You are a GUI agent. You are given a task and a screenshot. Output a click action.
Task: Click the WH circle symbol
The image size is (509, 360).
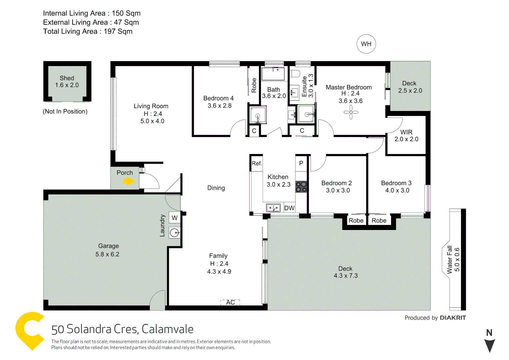click(x=366, y=44)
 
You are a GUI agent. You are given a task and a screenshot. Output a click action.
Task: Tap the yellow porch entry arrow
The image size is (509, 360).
click(x=129, y=181)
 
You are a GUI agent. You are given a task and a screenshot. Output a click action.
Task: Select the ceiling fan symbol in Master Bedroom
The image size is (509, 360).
click(x=351, y=112)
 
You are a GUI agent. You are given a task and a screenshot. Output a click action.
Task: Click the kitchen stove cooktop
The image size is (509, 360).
click(x=301, y=187)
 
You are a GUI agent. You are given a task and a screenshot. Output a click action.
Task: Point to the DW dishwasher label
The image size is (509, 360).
click(x=289, y=208)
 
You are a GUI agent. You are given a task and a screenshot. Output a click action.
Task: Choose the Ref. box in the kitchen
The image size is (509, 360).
click(x=256, y=163)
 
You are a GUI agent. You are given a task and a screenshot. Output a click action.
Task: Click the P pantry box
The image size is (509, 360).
click(x=301, y=163)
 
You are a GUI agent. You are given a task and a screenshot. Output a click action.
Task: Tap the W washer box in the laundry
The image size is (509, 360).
click(x=175, y=218)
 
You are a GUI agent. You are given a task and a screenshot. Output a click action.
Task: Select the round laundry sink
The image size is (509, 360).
click(x=175, y=233)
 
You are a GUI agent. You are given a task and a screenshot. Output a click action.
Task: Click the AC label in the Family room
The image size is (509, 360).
click(x=231, y=302)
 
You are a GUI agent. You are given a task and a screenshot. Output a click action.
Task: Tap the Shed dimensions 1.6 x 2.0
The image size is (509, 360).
click(x=67, y=85)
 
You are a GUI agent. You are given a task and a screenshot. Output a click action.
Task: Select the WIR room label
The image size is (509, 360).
click(x=406, y=132)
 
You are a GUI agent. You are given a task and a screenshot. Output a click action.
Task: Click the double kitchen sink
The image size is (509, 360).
click(x=273, y=208)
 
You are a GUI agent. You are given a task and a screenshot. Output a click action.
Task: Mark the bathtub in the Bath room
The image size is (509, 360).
click(x=273, y=74)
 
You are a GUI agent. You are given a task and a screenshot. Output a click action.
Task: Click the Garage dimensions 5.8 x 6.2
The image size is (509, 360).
click(x=107, y=254)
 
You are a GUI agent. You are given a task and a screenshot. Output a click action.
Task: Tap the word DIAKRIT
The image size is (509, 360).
click(x=453, y=318)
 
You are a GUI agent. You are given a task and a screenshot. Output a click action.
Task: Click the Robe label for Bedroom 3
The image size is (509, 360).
click(x=379, y=221)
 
